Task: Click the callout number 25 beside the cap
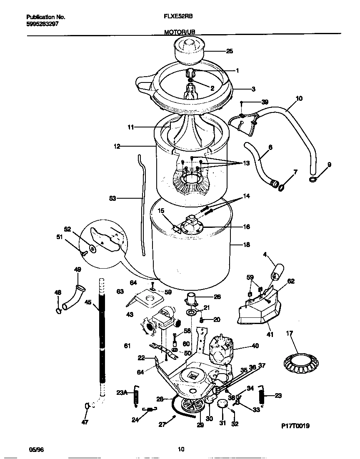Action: pos(230,51)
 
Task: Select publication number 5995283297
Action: pos(42,24)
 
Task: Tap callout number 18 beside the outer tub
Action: pos(247,245)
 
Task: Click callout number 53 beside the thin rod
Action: pos(113,199)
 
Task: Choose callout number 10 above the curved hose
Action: pos(299,99)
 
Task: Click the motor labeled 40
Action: pos(220,348)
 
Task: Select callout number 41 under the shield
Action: pos(270,334)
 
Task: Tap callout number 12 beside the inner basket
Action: pos(117,147)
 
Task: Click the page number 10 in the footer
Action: pos(181,449)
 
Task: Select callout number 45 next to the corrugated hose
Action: pos(87,303)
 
